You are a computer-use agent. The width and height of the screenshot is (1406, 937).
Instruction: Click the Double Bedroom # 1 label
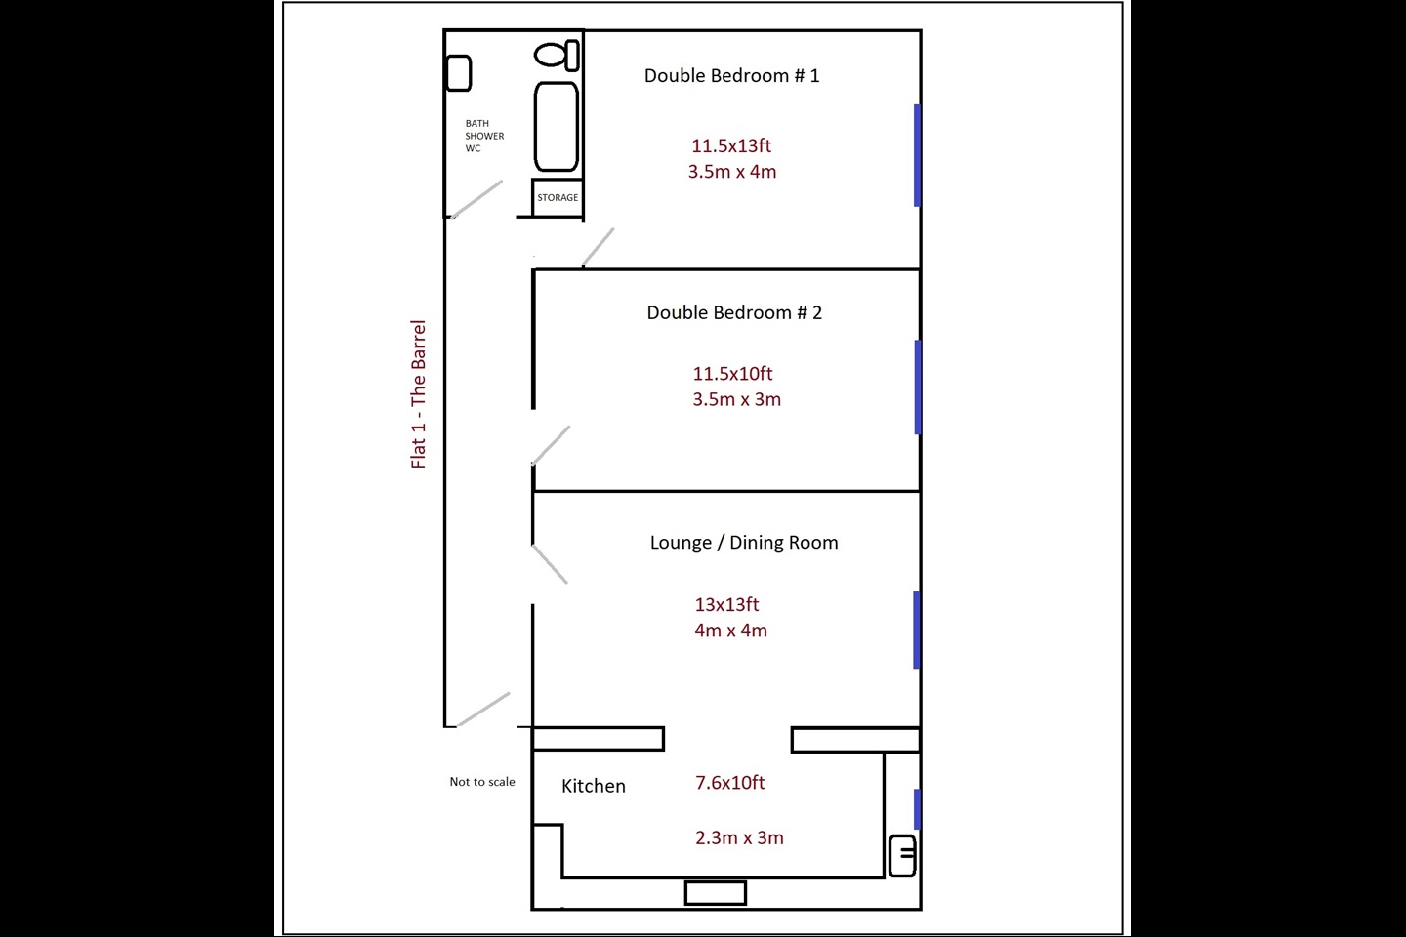click(732, 76)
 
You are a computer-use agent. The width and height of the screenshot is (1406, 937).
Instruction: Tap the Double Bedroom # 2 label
click(734, 312)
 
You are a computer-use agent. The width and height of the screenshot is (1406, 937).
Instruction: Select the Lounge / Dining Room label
click(744, 543)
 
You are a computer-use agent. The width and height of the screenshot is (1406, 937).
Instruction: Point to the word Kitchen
click(594, 786)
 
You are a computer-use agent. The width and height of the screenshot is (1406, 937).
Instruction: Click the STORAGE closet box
click(558, 198)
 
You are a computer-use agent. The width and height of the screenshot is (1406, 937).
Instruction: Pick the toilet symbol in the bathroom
click(557, 55)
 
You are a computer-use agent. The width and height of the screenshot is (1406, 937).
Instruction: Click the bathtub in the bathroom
click(557, 126)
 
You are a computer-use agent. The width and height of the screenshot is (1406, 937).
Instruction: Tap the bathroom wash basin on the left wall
click(458, 73)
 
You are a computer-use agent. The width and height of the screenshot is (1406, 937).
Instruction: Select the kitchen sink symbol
click(902, 855)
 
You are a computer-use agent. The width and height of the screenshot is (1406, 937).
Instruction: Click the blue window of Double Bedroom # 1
click(917, 155)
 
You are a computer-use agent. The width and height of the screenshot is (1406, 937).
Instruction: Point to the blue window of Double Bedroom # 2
click(918, 387)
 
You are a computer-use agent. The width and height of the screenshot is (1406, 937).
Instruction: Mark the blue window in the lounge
click(917, 630)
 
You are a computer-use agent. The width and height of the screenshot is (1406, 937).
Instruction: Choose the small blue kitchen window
click(917, 809)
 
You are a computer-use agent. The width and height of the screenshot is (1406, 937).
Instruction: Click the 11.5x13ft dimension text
click(731, 145)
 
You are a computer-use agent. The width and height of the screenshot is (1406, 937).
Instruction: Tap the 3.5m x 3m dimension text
click(737, 399)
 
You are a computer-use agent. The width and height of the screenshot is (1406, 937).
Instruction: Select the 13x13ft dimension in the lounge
click(726, 604)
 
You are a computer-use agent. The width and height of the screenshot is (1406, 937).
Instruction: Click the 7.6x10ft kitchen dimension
click(730, 783)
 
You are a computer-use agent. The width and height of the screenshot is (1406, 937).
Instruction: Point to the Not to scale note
click(482, 782)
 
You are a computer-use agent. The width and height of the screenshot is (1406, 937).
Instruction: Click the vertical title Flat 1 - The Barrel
click(418, 394)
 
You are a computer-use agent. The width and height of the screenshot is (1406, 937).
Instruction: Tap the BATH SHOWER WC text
click(484, 136)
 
